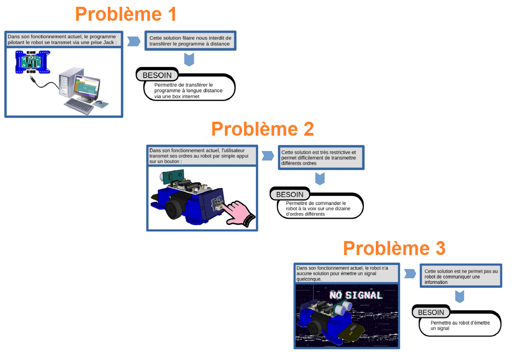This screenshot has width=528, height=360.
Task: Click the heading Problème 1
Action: tap(126, 14)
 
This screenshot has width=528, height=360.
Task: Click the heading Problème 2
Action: tap(262, 129)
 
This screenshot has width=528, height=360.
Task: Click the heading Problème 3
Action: tap(394, 248)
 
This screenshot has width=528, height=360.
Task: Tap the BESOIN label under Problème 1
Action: tap(157, 75)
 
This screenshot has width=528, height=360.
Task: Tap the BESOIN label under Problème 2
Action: tap(290, 194)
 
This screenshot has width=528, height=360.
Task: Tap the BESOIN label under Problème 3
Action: tap(431, 312)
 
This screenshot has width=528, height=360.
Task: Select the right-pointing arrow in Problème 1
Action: tap(134, 42)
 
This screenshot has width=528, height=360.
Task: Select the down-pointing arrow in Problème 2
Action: tap(320, 178)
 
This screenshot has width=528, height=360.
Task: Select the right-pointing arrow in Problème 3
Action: tap(410, 273)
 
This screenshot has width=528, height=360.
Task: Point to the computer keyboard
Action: tap(79, 106)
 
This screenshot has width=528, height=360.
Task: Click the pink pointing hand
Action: tap(240, 214)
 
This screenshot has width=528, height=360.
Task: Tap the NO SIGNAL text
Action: tap(356, 295)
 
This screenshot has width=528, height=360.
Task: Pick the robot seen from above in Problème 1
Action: tap(33, 62)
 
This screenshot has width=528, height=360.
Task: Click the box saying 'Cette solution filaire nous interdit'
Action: tap(191, 41)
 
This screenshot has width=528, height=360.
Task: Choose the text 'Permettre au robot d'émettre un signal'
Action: tap(460, 325)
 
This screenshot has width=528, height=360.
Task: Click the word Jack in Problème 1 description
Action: tap(109, 42)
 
